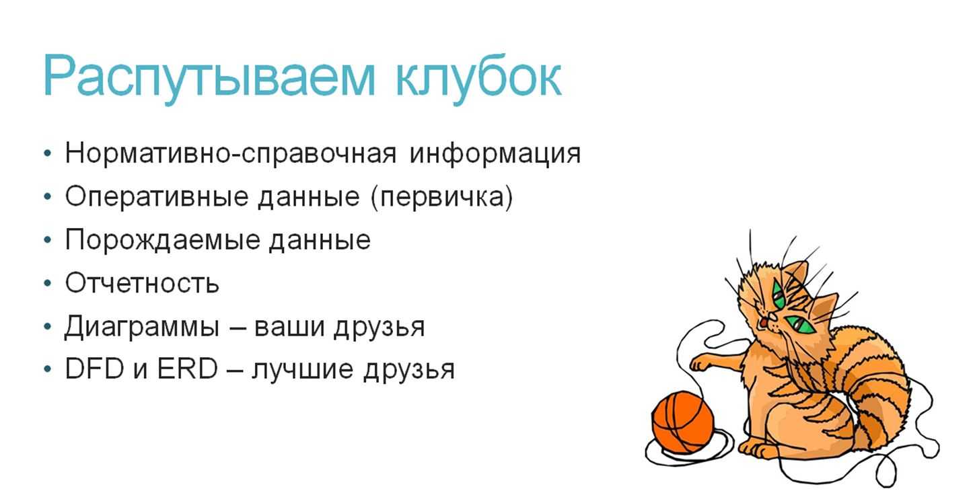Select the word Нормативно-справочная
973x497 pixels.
(231, 153)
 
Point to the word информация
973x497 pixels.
(495, 154)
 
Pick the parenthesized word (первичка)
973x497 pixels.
(442, 197)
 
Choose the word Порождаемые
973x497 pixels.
(162, 240)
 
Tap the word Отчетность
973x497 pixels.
(142, 283)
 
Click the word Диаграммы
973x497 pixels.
(141, 327)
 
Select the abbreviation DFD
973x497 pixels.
(95, 369)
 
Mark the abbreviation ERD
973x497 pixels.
(188, 369)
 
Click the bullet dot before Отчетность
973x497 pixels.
(48, 283)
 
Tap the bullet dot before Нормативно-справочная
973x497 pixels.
(48, 153)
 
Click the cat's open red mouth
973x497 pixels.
(763, 323)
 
